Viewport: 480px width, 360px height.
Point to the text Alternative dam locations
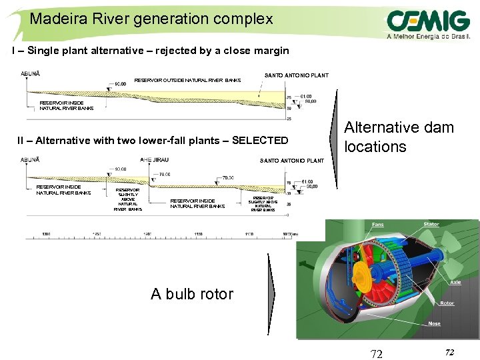(398, 137)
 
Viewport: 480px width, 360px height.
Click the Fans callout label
(377, 225)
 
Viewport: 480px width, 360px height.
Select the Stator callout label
(431, 225)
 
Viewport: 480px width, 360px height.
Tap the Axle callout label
(455, 282)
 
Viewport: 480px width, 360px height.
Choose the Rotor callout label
(447, 303)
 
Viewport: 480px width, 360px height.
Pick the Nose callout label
(434, 323)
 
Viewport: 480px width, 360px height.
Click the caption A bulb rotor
(192, 294)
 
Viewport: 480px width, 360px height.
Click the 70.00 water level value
(228, 178)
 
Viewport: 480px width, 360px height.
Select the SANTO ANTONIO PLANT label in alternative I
(296, 75)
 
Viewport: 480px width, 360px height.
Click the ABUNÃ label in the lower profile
(31, 160)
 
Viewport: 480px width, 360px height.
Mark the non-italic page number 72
(377, 354)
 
